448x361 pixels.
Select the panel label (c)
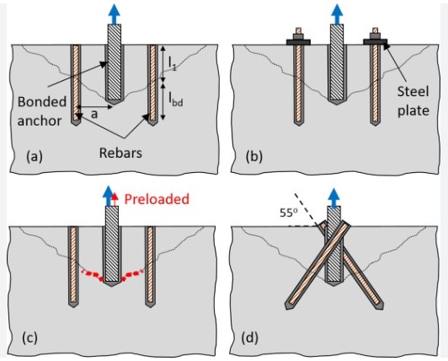point(27,339)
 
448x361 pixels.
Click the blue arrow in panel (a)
point(114,12)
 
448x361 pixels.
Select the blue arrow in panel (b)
point(338,12)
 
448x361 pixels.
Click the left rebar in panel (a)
point(74,84)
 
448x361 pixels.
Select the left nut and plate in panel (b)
point(299,38)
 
